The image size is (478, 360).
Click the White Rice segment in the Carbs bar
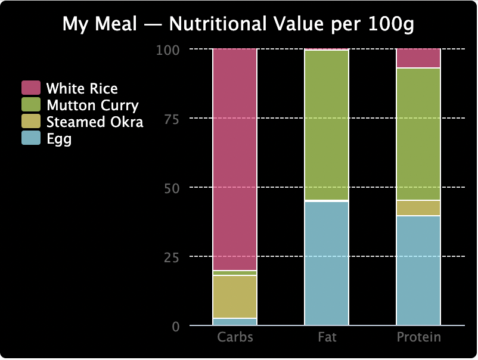(x=235, y=159)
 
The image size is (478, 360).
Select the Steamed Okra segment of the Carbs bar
(x=235, y=296)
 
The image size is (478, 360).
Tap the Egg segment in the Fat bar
(x=327, y=263)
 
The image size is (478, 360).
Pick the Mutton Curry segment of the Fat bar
(x=327, y=126)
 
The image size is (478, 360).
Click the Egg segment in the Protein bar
(x=418, y=271)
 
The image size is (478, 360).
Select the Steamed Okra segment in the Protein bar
(x=418, y=208)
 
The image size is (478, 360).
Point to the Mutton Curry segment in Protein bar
(x=418, y=134)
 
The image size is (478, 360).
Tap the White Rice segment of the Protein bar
(x=418, y=58)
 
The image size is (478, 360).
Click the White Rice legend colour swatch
(x=31, y=88)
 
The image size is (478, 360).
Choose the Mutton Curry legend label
(x=92, y=105)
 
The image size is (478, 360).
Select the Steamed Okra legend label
(x=95, y=122)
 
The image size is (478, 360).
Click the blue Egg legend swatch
(x=31, y=139)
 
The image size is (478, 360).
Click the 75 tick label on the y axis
(x=171, y=119)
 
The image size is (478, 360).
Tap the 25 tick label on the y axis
(x=171, y=257)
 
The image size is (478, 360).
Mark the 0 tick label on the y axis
(x=175, y=327)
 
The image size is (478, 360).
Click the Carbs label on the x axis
(x=235, y=337)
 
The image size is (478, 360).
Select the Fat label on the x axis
(x=327, y=337)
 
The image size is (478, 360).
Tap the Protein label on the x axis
(x=418, y=337)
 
